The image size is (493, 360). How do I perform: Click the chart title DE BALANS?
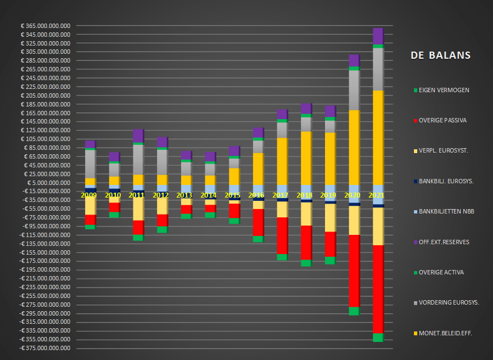pos(440,55)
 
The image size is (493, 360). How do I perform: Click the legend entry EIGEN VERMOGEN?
pos(444,90)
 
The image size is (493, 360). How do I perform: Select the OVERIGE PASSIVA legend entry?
pos(442,120)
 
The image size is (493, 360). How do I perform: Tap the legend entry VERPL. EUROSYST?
pos(442,150)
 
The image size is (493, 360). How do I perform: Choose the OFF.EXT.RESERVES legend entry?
pos(444,241)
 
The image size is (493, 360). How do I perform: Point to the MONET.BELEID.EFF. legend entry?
pos(445,333)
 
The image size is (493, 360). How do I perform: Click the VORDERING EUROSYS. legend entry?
pos(449,302)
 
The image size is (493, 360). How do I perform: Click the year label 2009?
pos(88,195)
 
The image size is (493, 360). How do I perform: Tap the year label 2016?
pos(257,195)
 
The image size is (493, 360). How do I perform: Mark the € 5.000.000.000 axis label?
pos(49,183)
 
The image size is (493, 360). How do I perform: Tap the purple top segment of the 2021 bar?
pos(377,36)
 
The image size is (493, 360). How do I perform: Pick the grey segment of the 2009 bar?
pos(90,164)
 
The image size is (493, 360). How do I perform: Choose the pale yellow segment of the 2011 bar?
pos(138,209)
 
